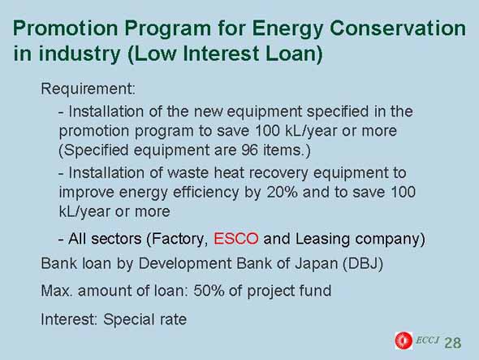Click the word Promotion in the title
click(x=66, y=28)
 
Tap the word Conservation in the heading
click(x=398, y=28)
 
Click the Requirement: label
click(x=88, y=89)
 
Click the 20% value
click(x=282, y=192)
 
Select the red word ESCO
click(x=235, y=239)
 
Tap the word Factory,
click(x=178, y=239)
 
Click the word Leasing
click(x=322, y=239)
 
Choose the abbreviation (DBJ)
click(x=363, y=263)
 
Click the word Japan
click(x=316, y=264)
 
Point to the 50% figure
click(x=209, y=291)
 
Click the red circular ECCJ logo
click(x=403, y=340)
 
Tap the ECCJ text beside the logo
click(x=427, y=340)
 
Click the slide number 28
click(x=453, y=343)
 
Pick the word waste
click(x=188, y=173)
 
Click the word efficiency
click(x=205, y=193)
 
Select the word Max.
click(x=57, y=291)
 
